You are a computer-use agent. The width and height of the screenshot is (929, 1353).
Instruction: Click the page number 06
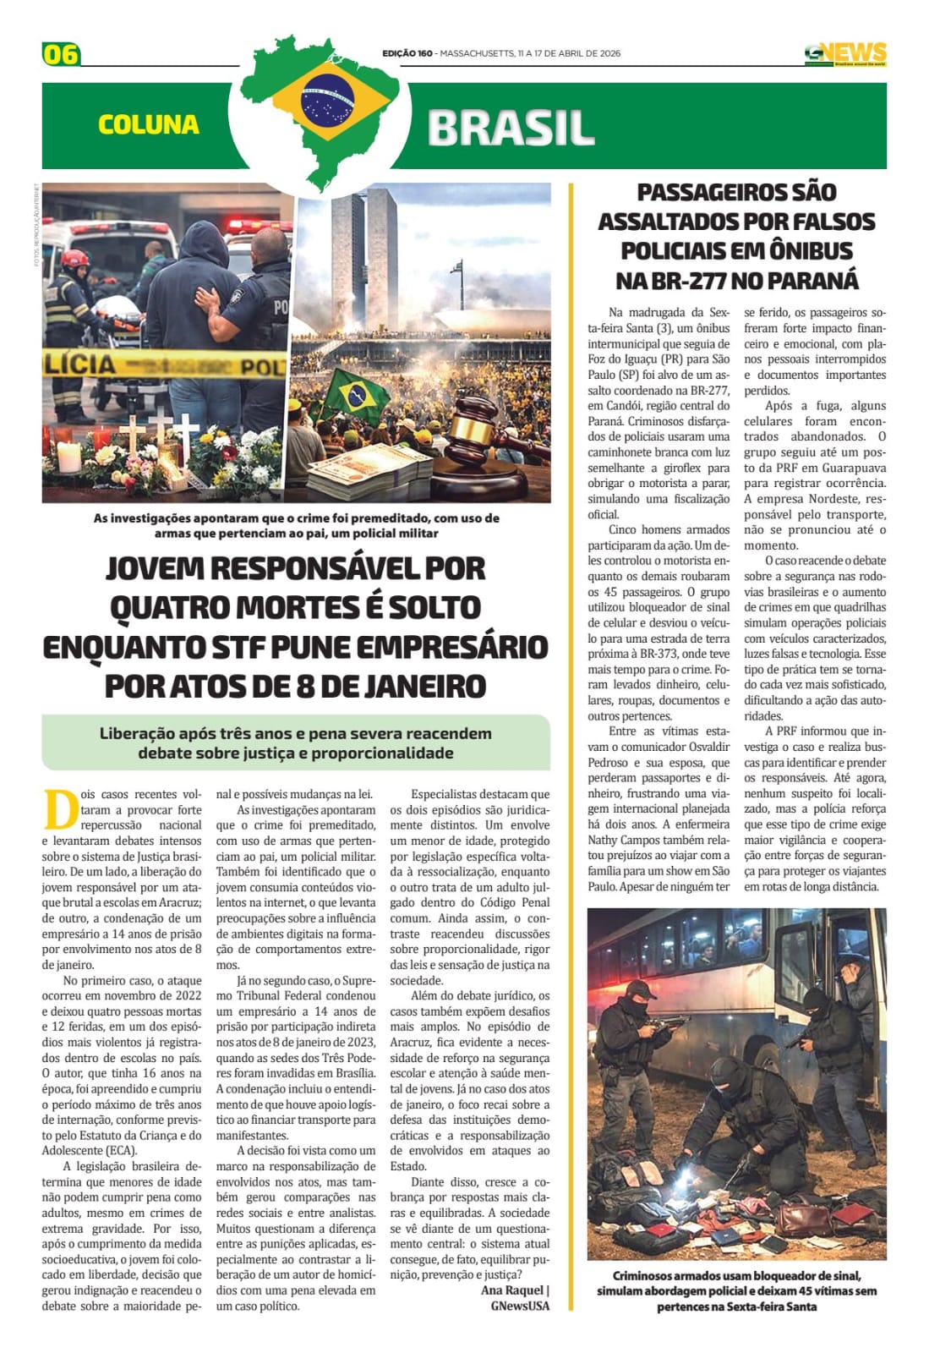[x=61, y=55]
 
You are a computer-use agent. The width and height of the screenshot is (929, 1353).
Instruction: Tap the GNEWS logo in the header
[x=844, y=53]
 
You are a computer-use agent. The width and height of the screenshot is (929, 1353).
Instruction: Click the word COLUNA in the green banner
[x=149, y=125]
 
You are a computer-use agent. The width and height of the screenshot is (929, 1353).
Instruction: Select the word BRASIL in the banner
[x=511, y=129]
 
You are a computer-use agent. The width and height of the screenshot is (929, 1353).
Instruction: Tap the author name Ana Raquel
[x=513, y=1290]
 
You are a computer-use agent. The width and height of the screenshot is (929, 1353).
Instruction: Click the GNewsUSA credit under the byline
[x=520, y=1306]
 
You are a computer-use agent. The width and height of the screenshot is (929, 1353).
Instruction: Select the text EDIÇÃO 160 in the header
[x=407, y=53]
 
